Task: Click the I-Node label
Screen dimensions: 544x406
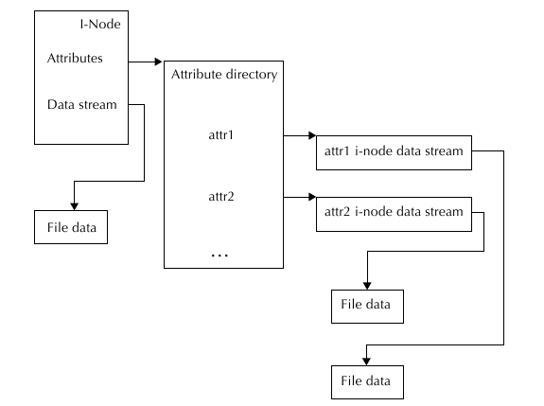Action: (x=100, y=24)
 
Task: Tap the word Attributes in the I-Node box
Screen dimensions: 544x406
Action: (x=75, y=58)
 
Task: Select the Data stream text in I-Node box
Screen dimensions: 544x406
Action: (x=82, y=104)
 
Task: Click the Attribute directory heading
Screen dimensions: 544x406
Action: (x=224, y=75)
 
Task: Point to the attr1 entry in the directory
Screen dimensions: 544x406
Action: (x=221, y=134)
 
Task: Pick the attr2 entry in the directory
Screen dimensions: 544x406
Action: (x=221, y=197)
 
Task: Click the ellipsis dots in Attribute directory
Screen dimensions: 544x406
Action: (x=219, y=256)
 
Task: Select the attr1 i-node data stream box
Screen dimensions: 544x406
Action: (x=394, y=152)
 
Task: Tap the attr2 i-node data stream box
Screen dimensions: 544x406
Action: (x=394, y=214)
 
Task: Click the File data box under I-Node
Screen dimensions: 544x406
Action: (x=71, y=227)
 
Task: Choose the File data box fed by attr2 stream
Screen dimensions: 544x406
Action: (x=367, y=307)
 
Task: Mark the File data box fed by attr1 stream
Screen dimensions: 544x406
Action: (x=367, y=382)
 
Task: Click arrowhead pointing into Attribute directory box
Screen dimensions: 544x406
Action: (x=159, y=62)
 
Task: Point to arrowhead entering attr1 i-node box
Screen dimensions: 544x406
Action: (x=312, y=135)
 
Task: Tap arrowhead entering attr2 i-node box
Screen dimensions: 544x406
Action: (x=312, y=197)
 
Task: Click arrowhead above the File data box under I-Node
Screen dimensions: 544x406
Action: (x=74, y=206)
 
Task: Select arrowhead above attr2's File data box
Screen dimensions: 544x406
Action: (x=367, y=286)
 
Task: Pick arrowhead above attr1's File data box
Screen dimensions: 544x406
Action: (x=366, y=362)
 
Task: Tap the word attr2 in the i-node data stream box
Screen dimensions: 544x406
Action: (x=337, y=212)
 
